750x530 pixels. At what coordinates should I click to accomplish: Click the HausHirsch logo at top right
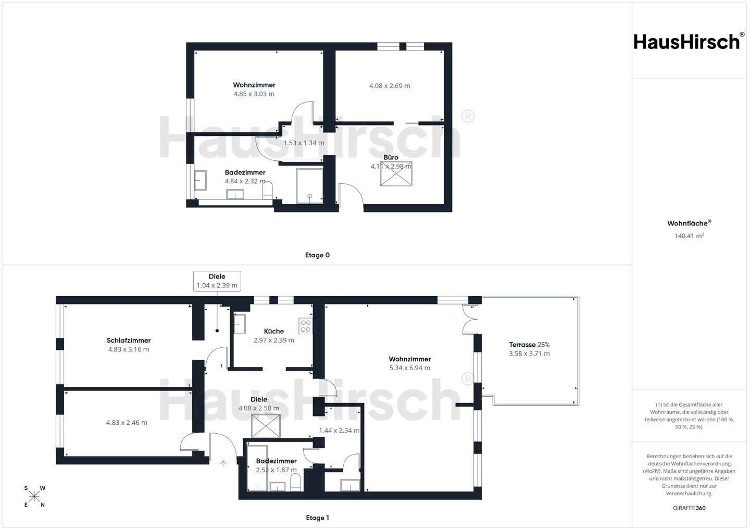pos(689,41)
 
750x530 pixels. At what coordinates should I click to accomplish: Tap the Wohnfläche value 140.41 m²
pos(689,236)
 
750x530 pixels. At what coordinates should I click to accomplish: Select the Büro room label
pos(391,157)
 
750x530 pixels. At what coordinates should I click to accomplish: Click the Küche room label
pos(273,331)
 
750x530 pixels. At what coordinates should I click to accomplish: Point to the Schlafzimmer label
pos(129,340)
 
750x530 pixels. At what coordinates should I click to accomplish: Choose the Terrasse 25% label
pos(529,345)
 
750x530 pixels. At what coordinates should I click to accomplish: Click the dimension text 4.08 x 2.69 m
pos(390,86)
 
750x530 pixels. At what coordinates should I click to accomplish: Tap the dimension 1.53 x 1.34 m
pos(304,143)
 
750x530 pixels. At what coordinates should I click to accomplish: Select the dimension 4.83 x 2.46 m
pos(127,423)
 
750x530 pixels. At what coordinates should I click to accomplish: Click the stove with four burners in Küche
pos(305,326)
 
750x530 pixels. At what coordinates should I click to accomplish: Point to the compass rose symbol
pos(34,497)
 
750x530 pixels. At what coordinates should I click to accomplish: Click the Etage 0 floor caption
pos(317,255)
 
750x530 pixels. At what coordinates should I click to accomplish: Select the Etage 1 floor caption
pos(317,518)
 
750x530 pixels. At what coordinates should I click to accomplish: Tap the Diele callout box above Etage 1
pos(217,281)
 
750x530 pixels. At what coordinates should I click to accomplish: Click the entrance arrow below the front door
pos(223,463)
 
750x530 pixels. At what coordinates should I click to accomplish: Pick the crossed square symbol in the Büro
pos(396,174)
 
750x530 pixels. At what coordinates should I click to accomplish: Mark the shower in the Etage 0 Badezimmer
pos(309,186)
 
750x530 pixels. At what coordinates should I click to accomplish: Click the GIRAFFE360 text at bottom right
pos(689,508)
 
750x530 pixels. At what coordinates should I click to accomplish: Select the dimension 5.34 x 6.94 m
pos(409,368)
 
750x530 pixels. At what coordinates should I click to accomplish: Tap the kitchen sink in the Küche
pos(240,324)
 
